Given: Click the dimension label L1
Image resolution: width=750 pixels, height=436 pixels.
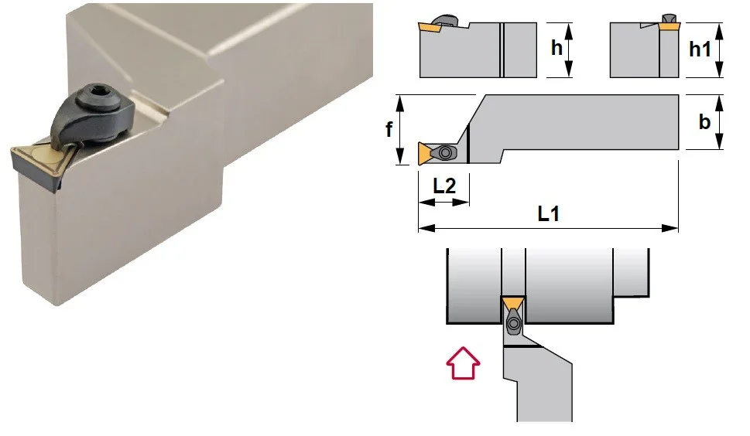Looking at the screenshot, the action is (548, 213).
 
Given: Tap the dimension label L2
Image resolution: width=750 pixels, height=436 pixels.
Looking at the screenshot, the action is (444, 186).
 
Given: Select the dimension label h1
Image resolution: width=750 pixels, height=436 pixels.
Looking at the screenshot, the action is (700, 49).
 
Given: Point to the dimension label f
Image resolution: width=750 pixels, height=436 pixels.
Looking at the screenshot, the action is (389, 129).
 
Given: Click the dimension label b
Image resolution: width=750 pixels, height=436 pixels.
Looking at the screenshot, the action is (704, 122).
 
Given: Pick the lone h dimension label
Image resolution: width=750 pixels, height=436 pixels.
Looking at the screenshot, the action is (557, 48).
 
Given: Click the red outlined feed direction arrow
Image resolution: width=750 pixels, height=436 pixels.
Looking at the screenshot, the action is (463, 363).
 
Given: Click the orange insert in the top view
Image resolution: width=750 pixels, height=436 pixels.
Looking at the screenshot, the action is (425, 153).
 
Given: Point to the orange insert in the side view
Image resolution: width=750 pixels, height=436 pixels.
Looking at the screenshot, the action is (430, 28).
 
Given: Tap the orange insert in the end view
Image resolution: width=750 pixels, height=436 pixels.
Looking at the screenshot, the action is (668, 27).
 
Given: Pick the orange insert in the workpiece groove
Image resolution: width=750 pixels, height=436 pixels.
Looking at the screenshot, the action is (512, 303).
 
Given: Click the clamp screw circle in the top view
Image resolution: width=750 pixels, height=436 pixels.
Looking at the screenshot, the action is (445, 153).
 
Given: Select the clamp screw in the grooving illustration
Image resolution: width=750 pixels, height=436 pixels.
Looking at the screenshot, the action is (514, 324).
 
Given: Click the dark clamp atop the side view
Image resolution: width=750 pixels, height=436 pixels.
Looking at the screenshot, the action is (445, 20).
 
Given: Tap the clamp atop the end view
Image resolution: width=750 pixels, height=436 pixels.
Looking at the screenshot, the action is (669, 18).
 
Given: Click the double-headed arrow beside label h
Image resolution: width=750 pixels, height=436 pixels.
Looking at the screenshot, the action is (569, 49).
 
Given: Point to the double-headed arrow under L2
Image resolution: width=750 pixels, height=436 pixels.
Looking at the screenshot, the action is (443, 203).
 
